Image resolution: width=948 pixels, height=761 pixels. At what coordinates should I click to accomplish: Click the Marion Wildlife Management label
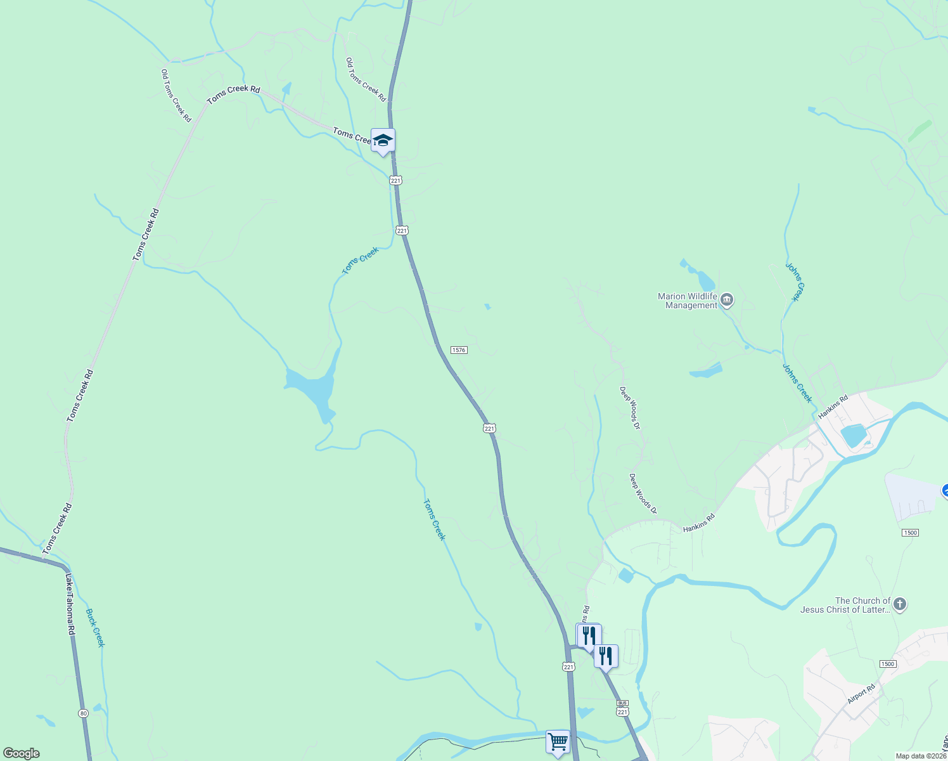[x=688, y=301]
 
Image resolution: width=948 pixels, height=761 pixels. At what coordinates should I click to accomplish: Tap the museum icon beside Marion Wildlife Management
[x=727, y=299]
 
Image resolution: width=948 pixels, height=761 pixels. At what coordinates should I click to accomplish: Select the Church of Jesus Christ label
[x=845, y=605]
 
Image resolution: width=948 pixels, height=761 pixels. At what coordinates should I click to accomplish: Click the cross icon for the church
[x=899, y=604]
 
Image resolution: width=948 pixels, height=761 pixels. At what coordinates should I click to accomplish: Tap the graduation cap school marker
[x=383, y=140]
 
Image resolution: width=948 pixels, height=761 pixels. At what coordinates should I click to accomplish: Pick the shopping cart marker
[x=558, y=741]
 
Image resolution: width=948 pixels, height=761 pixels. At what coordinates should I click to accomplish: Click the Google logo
[x=22, y=753]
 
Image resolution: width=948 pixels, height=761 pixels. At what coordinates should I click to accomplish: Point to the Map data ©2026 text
[x=921, y=756]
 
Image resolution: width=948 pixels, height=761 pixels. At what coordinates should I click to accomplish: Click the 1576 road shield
[x=459, y=350]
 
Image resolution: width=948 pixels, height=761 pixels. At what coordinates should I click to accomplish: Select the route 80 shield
[x=84, y=713]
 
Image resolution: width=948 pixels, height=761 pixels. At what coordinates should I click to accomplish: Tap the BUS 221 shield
[x=622, y=708]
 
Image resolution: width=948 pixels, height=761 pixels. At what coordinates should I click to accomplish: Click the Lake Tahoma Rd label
[x=70, y=604]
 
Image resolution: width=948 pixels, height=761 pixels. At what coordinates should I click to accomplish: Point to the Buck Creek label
[x=95, y=628]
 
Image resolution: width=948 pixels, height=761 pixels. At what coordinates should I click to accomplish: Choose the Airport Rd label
[x=861, y=694]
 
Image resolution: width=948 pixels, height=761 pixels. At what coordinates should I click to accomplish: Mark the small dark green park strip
[x=919, y=131]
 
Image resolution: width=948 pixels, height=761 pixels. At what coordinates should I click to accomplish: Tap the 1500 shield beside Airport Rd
[x=887, y=664]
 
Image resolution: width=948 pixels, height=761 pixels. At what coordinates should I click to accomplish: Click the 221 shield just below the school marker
[x=396, y=181]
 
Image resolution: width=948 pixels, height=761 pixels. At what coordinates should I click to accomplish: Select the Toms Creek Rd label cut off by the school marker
[x=352, y=136]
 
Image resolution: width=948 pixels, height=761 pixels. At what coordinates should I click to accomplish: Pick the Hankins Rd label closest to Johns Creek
[x=833, y=407]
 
